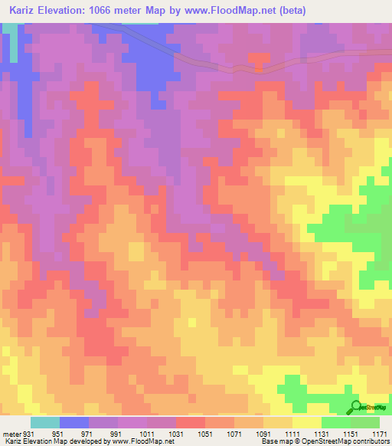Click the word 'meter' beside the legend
coord(11,433)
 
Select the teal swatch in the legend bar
coord(44,422)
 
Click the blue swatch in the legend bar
coord(73,422)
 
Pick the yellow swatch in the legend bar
coord(306,422)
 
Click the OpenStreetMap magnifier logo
coord(355,407)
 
